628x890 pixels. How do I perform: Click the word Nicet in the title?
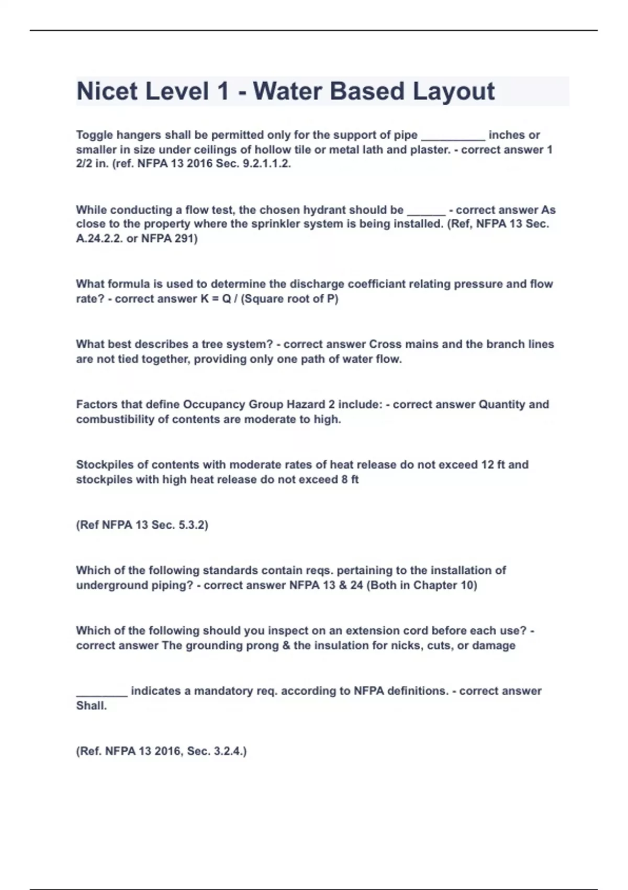point(107,91)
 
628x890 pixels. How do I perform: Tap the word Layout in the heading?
point(454,91)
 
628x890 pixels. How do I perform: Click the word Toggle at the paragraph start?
point(94,135)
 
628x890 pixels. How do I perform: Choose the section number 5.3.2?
point(192,525)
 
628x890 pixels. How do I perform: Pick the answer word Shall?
point(91,706)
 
